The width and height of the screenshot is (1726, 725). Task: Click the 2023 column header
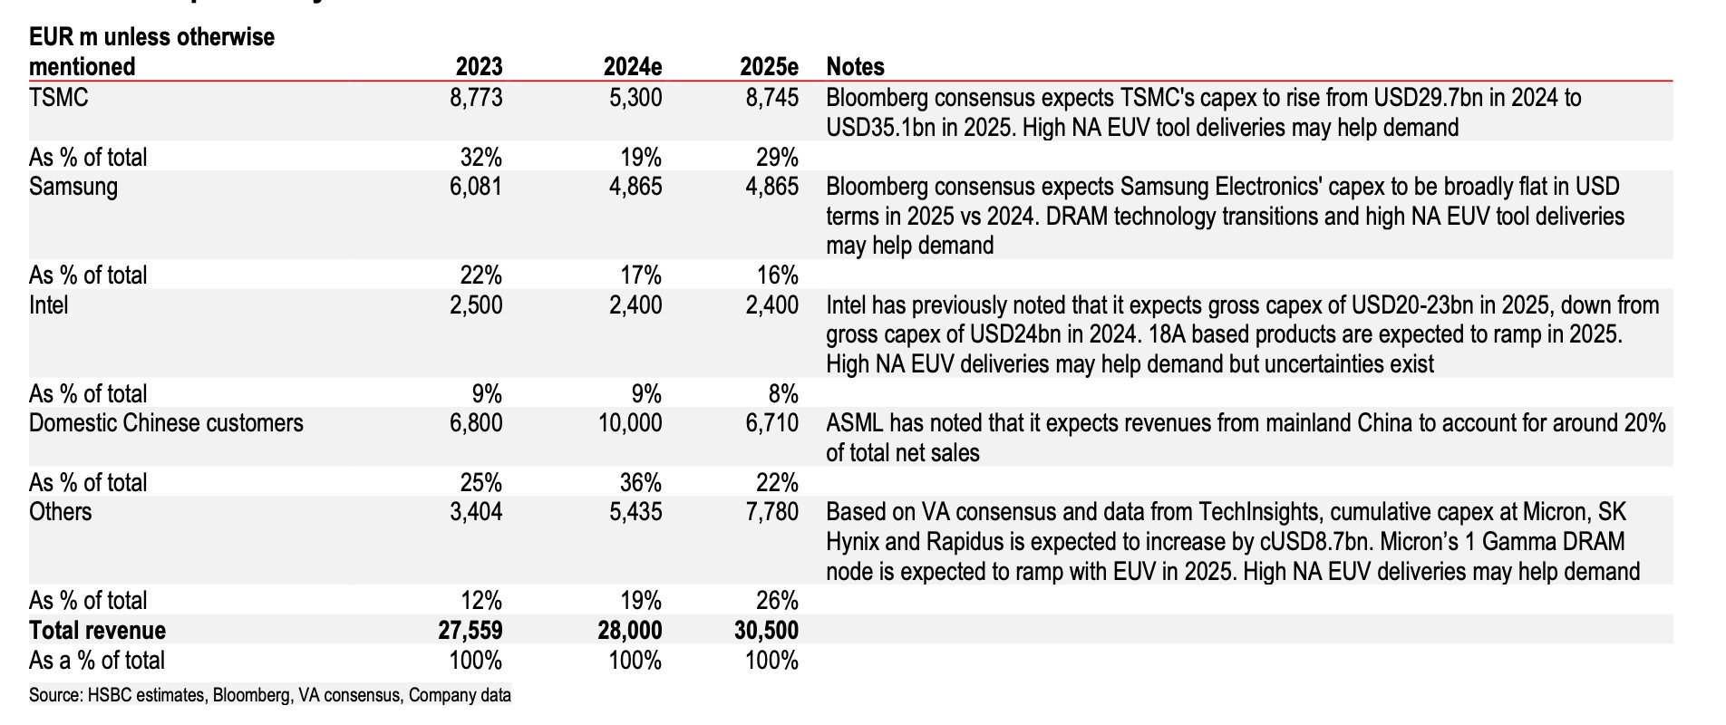pos(479,66)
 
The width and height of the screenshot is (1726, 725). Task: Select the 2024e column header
pos(633,66)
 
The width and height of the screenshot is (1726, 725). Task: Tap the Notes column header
pos(855,66)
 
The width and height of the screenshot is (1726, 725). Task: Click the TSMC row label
pos(59,97)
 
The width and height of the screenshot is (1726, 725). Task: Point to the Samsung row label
pos(73,187)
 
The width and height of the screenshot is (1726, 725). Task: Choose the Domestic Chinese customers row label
pos(166,423)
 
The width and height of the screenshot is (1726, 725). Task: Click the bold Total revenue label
pos(97,630)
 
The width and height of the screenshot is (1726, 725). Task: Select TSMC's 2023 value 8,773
pos(476,97)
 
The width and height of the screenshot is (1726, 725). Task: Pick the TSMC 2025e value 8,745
pos(771,97)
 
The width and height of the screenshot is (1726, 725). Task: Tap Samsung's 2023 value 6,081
pos(476,187)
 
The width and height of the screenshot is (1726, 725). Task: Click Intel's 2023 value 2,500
pos(476,305)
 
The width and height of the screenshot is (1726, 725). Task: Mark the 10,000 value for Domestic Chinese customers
pos(630,423)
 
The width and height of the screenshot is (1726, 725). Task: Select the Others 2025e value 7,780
pos(771,512)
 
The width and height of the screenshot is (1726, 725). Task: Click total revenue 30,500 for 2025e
pos(767,630)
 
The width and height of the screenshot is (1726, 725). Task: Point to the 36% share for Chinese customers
pos(641,482)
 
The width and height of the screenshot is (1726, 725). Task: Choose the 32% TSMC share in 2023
pos(480,157)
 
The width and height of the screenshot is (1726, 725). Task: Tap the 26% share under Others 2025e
pos(777,600)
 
